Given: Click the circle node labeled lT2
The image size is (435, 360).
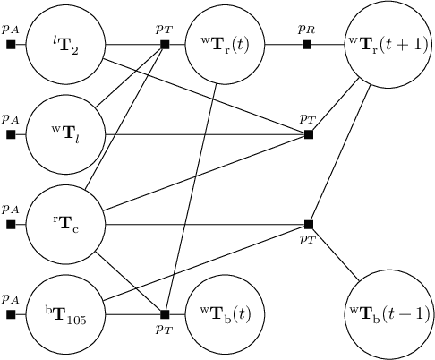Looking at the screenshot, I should point(65,44).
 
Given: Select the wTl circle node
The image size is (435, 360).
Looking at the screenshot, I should point(65,134).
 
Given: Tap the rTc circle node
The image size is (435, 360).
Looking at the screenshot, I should point(65,224).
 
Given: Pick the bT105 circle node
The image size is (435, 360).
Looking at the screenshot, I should point(65,313).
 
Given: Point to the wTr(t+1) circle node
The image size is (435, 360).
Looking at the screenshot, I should point(389,44).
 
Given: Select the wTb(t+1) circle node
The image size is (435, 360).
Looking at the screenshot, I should point(389,313).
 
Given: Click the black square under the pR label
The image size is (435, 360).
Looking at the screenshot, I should point(308,44).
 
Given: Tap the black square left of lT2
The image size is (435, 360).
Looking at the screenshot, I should point(11,44).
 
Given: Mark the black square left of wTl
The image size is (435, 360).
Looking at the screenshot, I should point(11,134).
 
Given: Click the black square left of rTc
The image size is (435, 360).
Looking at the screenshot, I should point(11,224).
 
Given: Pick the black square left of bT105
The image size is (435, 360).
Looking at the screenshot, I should point(11,313).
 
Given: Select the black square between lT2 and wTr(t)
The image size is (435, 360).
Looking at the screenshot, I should point(165,44).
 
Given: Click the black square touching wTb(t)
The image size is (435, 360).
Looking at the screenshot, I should point(165,313).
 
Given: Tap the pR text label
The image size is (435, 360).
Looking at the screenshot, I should point(307,29).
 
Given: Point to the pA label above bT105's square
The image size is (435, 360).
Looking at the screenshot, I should point(10,297).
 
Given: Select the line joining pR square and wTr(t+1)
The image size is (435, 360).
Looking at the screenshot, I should point(328,44).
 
